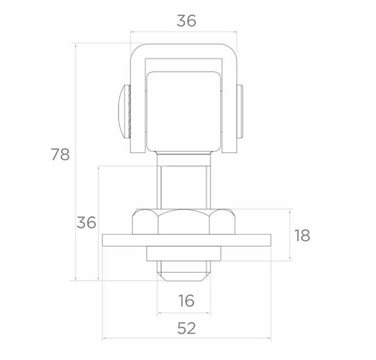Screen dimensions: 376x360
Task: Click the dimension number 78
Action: click(60, 154)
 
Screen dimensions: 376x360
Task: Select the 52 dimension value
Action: click(187, 328)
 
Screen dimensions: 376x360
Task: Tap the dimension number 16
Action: click(187, 300)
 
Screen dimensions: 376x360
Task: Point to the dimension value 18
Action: click(302, 235)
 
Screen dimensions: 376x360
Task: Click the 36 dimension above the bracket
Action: click(186, 21)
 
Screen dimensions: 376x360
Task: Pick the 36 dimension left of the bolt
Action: click(86, 222)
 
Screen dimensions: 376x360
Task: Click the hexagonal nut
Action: click(184, 221)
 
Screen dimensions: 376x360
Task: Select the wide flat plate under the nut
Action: click(187, 240)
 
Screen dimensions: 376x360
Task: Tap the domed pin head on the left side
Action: click(124, 112)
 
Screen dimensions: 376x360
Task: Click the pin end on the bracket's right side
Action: click(240, 112)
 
